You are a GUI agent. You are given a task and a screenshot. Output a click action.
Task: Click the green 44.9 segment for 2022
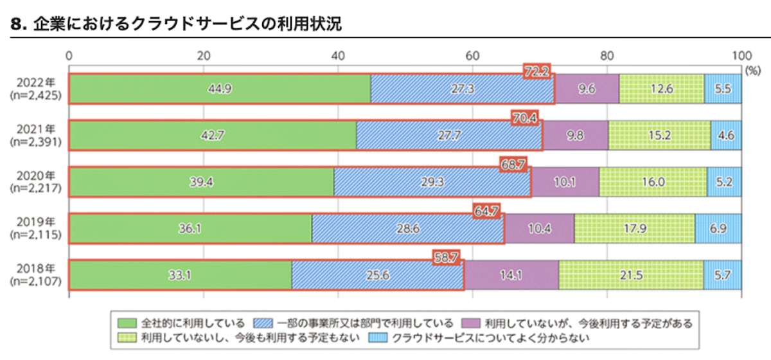pos(219,89)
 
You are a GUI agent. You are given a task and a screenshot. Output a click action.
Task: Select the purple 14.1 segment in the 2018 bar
pos(511,275)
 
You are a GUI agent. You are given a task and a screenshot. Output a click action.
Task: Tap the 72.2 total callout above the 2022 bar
pos(536,71)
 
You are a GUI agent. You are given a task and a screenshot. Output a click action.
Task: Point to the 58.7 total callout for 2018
pos(446,257)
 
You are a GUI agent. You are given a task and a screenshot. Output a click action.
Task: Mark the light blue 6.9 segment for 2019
pos(718,229)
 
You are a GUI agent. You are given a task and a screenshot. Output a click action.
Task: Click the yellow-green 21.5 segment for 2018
pos(631,275)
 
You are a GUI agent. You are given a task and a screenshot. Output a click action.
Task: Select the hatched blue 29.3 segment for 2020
pos(432,182)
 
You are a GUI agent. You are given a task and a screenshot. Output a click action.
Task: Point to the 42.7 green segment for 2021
pos(212,135)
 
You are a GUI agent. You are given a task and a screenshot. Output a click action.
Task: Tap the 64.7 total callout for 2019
pos(486,210)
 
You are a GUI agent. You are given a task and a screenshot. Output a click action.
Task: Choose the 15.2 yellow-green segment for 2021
pos(659,135)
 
